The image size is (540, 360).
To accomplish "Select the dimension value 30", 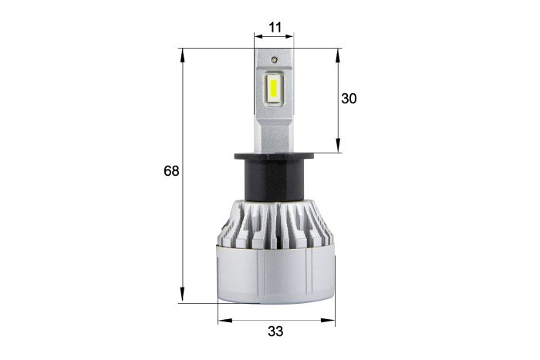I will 349,99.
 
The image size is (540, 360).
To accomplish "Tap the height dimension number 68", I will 171,170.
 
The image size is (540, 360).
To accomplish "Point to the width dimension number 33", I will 275,331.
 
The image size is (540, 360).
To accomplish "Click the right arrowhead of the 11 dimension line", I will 291,35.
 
